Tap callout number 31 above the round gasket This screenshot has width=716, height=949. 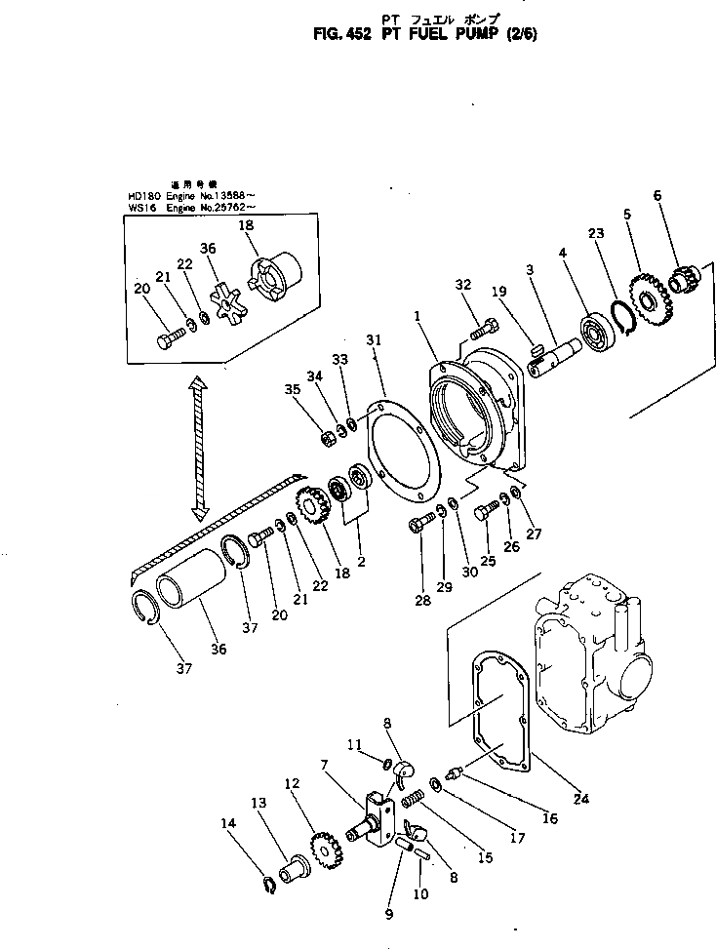tap(376, 338)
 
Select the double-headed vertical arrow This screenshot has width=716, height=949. tap(200, 448)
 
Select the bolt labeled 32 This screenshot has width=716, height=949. tap(477, 330)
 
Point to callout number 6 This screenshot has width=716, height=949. tap(656, 195)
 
